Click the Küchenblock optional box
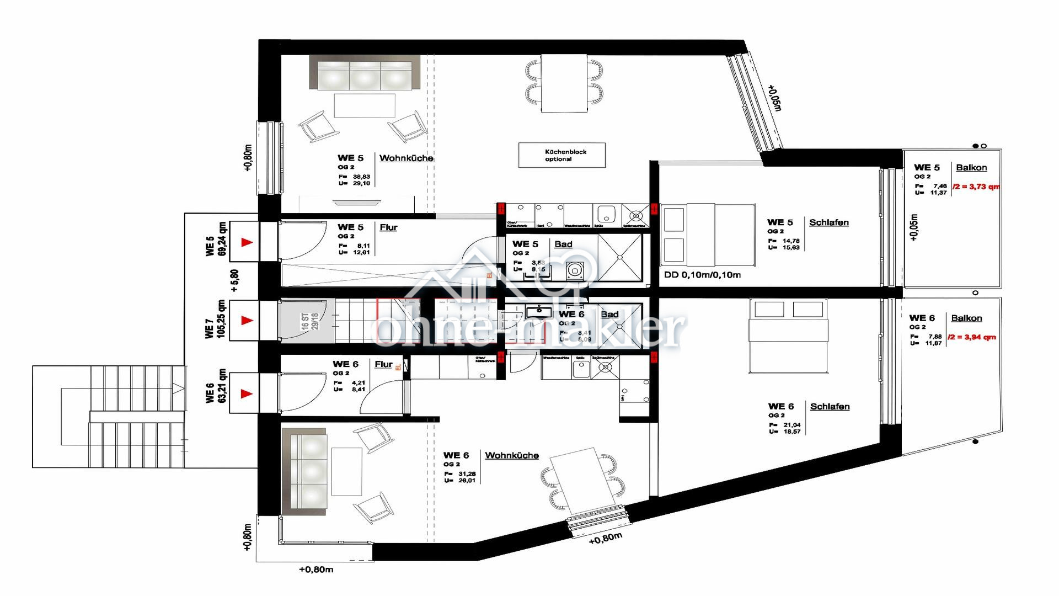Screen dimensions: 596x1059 click(561, 155)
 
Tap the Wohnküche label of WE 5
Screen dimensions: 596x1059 click(406, 158)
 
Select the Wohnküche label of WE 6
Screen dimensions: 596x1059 click(511, 455)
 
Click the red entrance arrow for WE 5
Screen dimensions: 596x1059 click(247, 242)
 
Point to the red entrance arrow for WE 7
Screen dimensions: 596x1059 click(247, 320)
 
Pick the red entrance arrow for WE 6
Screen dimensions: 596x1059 click(247, 393)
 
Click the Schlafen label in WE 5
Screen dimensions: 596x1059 click(828, 222)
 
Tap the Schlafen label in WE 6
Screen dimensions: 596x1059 click(830, 407)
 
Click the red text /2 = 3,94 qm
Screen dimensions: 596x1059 click(972, 337)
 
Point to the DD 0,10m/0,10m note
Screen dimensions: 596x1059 click(702, 275)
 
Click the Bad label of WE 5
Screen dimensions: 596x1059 click(563, 244)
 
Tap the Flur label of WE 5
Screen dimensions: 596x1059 click(388, 227)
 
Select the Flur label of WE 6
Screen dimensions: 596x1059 click(383, 364)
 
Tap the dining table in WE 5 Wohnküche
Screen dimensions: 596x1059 click(564, 83)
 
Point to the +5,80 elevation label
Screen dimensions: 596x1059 click(235, 280)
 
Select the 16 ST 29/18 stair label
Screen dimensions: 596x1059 click(309, 322)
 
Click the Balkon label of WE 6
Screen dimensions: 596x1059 click(966, 318)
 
